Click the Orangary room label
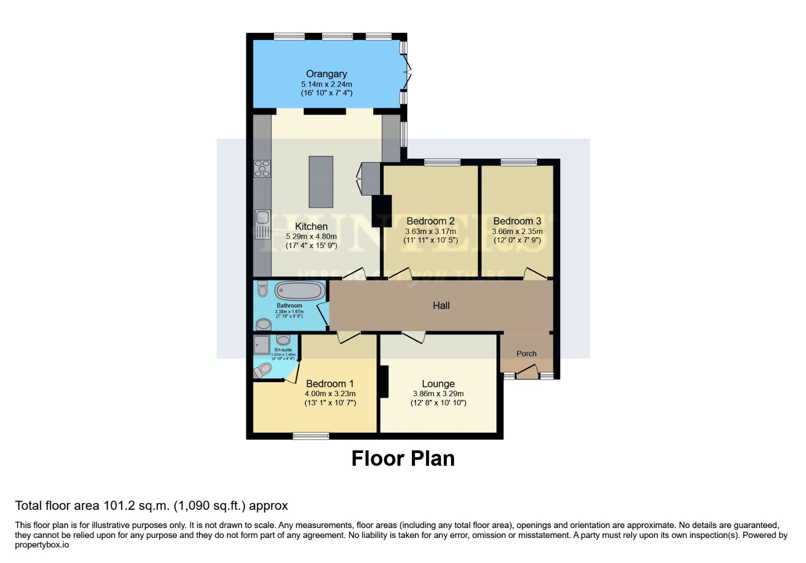point(326,74)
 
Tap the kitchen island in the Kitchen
point(321,182)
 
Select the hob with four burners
point(262,169)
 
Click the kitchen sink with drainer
point(262,224)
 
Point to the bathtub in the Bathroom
point(300,291)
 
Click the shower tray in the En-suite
point(261,345)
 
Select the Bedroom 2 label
point(430,221)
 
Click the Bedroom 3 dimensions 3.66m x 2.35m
point(517,231)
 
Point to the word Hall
point(441,305)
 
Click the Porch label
point(526,353)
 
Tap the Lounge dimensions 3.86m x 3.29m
point(438,394)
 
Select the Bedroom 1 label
point(329,384)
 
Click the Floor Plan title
point(402,459)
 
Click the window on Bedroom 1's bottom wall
point(311,436)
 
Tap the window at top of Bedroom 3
point(518,163)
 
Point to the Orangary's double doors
point(407,73)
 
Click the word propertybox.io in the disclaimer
point(42,545)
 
